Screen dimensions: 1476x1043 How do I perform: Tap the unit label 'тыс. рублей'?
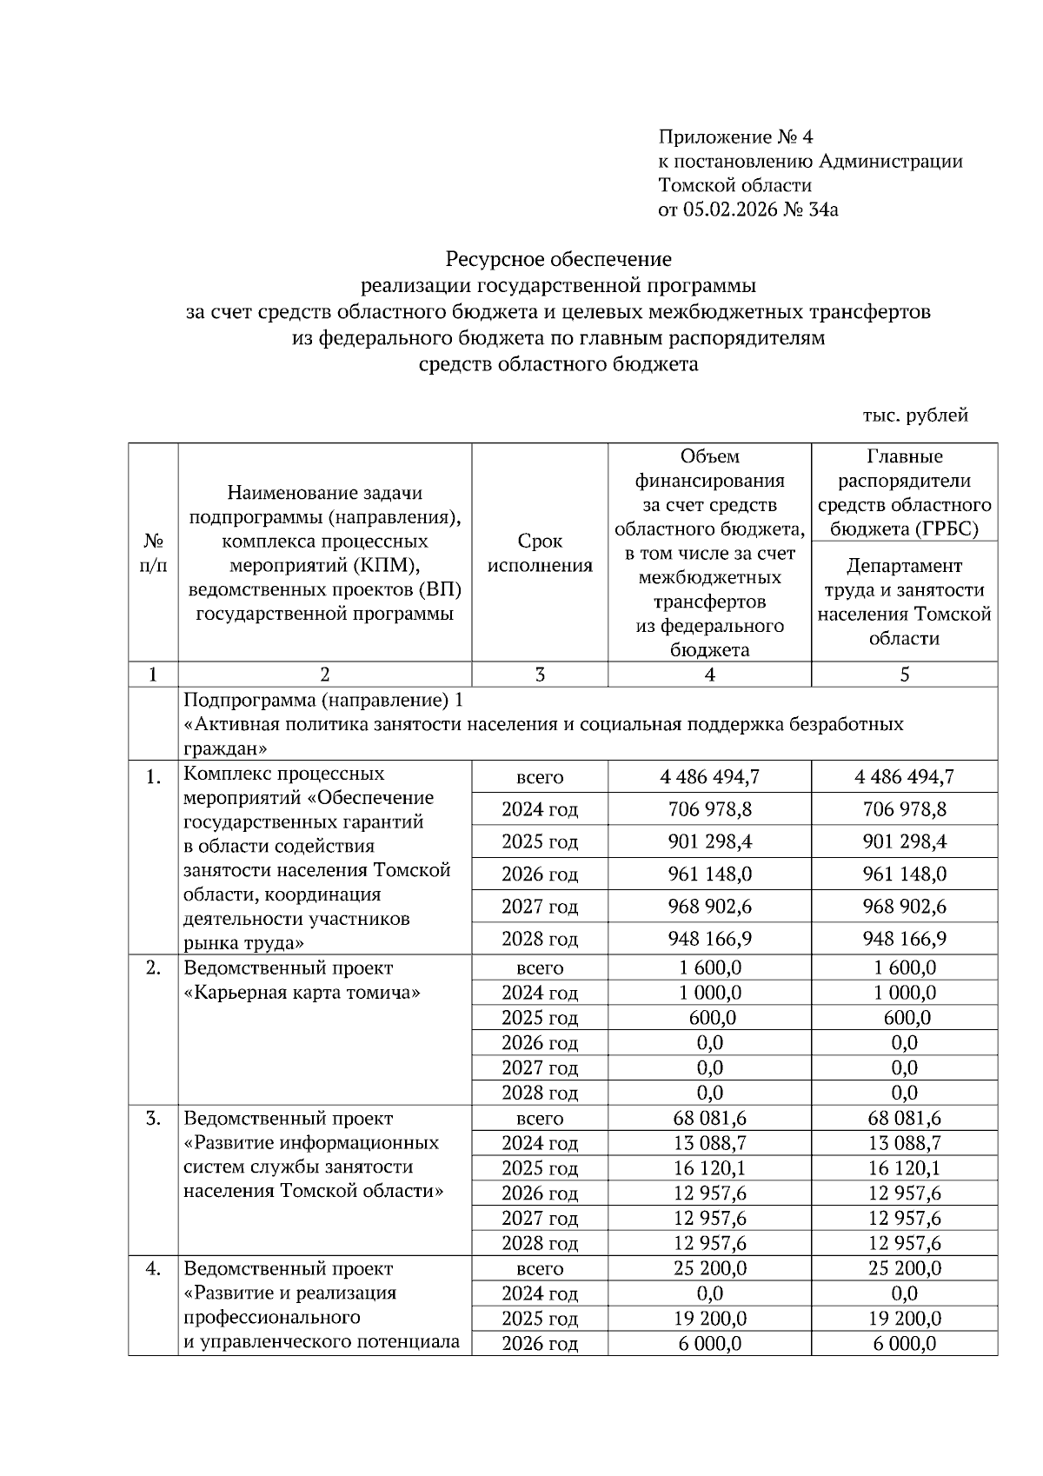(x=914, y=416)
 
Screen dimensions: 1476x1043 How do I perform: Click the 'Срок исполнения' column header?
(x=540, y=553)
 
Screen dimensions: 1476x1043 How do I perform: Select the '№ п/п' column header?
(x=153, y=553)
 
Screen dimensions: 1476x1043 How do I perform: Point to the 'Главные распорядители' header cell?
(x=904, y=492)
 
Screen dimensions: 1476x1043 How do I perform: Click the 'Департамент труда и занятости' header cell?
(x=904, y=602)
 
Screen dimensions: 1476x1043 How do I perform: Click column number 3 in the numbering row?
(x=540, y=675)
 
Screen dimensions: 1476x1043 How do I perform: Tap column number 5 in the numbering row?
(x=904, y=675)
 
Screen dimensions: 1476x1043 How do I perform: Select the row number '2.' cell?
(x=153, y=968)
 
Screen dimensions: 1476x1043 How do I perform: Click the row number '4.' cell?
(x=153, y=1269)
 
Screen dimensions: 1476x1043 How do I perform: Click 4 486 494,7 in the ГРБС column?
(x=904, y=776)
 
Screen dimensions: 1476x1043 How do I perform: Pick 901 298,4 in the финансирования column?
(x=709, y=841)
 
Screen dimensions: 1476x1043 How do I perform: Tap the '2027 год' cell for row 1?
(x=540, y=907)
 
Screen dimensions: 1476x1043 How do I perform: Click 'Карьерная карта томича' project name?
(x=302, y=993)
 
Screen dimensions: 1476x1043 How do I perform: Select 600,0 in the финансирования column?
(x=709, y=1018)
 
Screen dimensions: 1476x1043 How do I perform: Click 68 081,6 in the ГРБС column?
(x=904, y=1118)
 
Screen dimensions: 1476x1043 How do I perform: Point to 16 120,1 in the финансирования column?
(x=709, y=1168)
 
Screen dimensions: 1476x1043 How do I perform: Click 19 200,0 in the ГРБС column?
(x=904, y=1319)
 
